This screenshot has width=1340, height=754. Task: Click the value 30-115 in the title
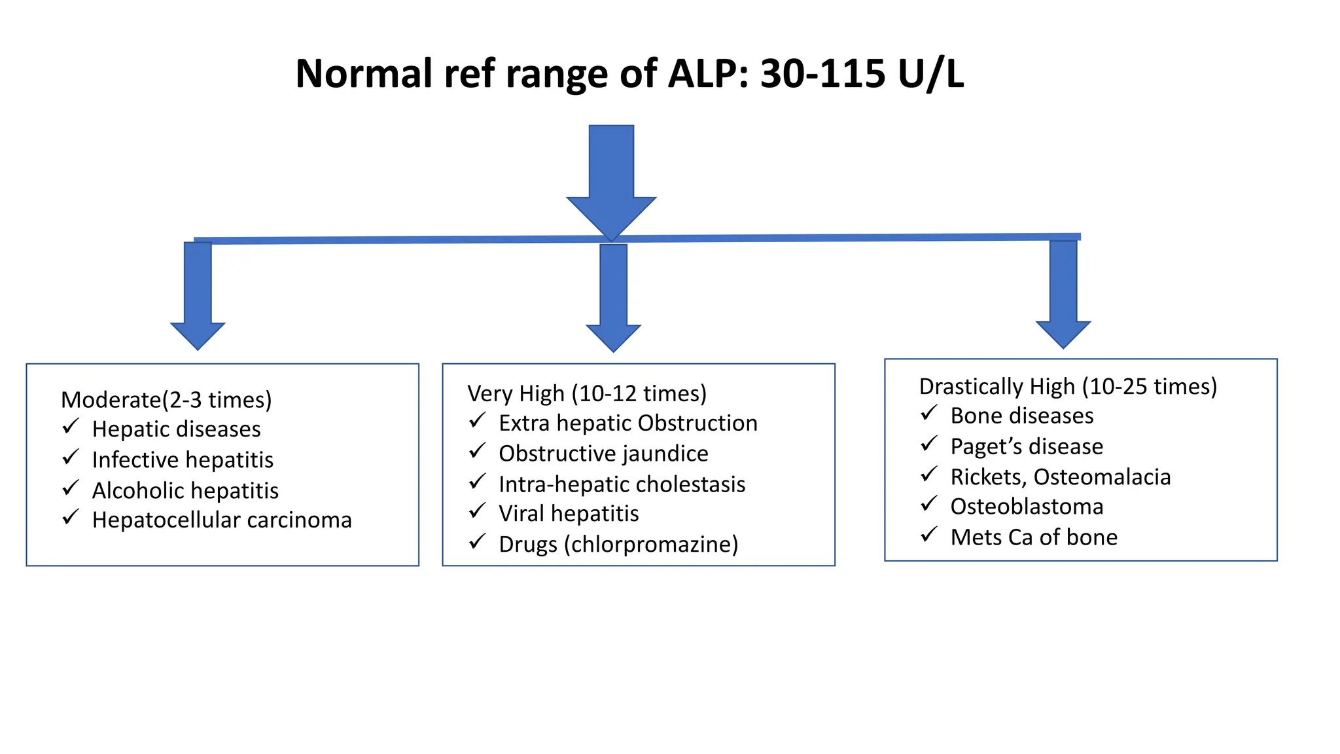pyautogui.click(x=822, y=73)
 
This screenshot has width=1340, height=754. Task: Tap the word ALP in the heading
pyautogui.click(x=707, y=73)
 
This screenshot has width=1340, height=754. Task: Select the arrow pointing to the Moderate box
pyautogui.click(x=198, y=295)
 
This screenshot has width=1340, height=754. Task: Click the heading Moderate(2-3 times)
pyautogui.click(x=166, y=399)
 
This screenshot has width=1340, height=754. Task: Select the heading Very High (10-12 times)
pyautogui.click(x=587, y=393)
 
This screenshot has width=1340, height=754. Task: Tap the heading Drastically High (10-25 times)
pyautogui.click(x=1068, y=386)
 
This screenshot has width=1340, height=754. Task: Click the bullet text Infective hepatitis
pyautogui.click(x=183, y=459)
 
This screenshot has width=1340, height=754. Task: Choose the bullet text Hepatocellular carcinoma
pyautogui.click(x=222, y=520)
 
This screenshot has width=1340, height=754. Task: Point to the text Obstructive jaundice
pyautogui.click(x=603, y=453)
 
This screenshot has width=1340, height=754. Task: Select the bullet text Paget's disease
pyautogui.click(x=1027, y=446)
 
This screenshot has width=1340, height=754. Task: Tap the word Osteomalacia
pyautogui.click(x=1102, y=476)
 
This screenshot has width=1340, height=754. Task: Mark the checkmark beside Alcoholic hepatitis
pyautogui.click(x=71, y=488)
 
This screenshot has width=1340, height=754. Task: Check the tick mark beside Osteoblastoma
pyautogui.click(x=929, y=504)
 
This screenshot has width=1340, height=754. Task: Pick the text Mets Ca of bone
pyautogui.click(x=1034, y=537)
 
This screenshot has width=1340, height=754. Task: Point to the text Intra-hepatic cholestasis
pyautogui.click(x=622, y=484)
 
